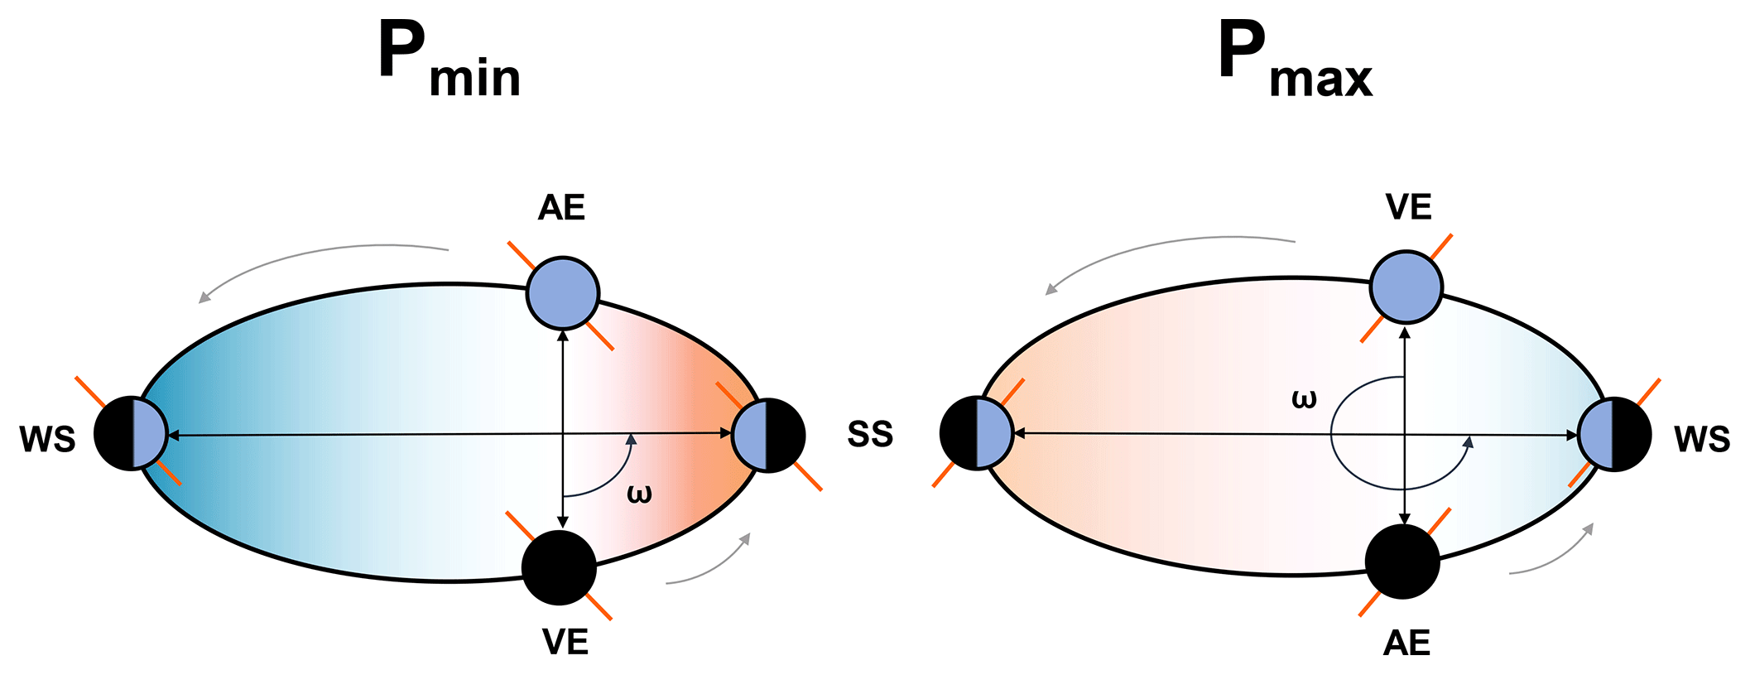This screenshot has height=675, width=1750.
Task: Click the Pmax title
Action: [x=1295, y=60]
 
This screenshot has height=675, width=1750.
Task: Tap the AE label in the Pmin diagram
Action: [x=561, y=207]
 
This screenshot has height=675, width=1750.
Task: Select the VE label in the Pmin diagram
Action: [x=565, y=642]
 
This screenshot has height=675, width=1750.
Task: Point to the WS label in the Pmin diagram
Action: [x=48, y=438]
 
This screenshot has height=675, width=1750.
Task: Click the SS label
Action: [x=870, y=434]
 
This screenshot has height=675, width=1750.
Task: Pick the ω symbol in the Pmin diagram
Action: [x=639, y=494]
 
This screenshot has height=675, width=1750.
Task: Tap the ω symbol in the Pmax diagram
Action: [x=1304, y=399]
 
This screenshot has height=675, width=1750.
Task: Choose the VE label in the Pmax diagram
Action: [x=1408, y=207]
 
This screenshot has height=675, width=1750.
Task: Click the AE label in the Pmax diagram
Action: [x=1406, y=643]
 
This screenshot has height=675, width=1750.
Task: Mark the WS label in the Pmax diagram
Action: [x=1702, y=438]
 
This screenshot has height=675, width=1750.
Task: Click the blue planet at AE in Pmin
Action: [x=563, y=293]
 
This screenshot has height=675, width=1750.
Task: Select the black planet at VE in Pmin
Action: [x=560, y=568]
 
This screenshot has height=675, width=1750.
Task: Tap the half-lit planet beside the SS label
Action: [x=768, y=435]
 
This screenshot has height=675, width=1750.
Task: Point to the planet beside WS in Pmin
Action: [x=131, y=434]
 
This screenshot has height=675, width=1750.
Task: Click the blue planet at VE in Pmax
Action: [x=1406, y=287]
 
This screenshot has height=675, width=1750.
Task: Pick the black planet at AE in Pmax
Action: [x=1402, y=562]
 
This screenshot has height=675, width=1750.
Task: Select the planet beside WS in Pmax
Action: [x=1614, y=434]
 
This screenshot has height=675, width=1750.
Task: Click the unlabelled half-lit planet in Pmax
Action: [x=977, y=433]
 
